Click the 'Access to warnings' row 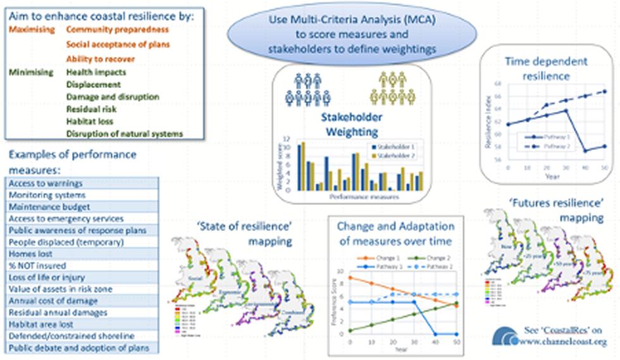pyautogui.click(x=82, y=183)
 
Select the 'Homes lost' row pyautogui.click(x=82, y=254)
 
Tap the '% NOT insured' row pyautogui.click(x=82, y=266)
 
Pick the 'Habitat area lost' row pyautogui.click(x=82, y=324)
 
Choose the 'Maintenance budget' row pyautogui.click(x=82, y=207)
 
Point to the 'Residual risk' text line pyautogui.click(x=91, y=109)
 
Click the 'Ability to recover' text pyautogui.click(x=101, y=59)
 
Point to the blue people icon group pyautogui.click(x=305, y=89)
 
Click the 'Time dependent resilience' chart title pyautogui.click(x=546, y=68)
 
